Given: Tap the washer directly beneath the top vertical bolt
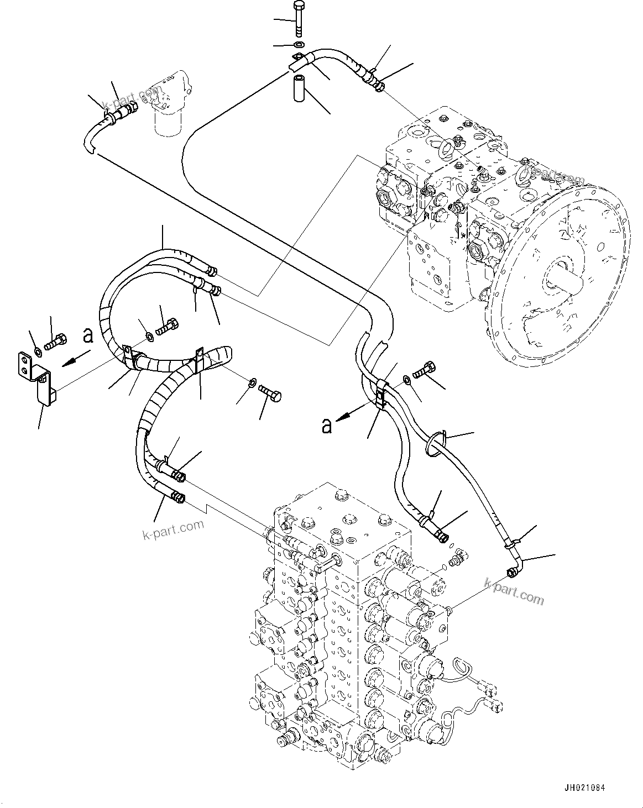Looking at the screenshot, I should (299, 45).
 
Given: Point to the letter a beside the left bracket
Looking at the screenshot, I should (87, 335).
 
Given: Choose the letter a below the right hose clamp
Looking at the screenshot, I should (327, 425).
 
